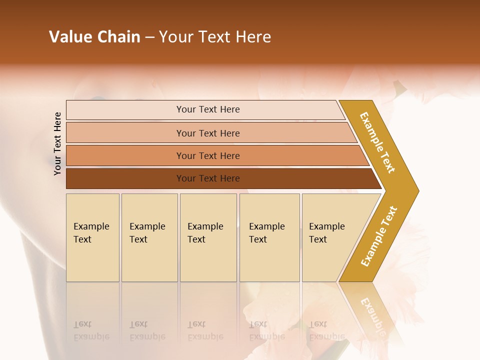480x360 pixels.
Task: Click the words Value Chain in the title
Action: pyautogui.click(x=94, y=37)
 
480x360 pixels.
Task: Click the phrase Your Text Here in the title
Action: pyautogui.click(x=215, y=37)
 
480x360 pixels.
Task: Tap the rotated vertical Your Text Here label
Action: pyautogui.click(x=57, y=143)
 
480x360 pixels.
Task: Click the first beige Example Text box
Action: pyautogui.click(x=92, y=237)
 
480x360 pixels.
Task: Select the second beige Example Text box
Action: pyautogui.click(x=149, y=237)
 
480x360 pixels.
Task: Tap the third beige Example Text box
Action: pyautogui.click(x=208, y=237)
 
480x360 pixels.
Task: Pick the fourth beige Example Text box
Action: pyautogui.click(x=269, y=237)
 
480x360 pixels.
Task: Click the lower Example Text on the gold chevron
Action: pyautogui.click(x=378, y=236)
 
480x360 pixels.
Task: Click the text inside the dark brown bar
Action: pyautogui.click(x=208, y=178)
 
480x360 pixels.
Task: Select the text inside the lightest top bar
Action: pyautogui.click(x=208, y=109)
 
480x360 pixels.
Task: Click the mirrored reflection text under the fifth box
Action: pyautogui.click(x=326, y=330)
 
